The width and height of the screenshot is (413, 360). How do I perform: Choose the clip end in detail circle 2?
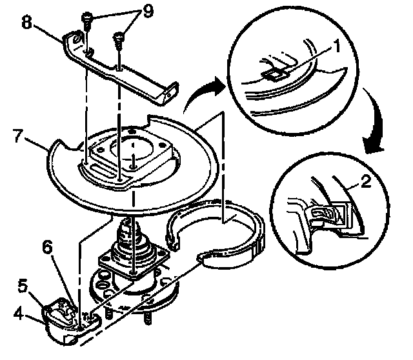327,213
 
